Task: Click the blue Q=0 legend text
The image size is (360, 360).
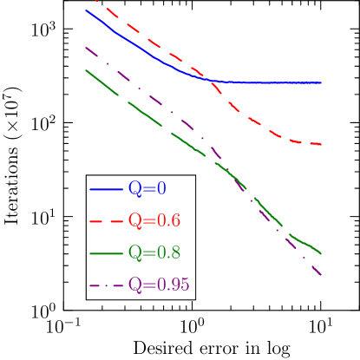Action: (147, 188)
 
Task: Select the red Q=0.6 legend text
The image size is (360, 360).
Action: (154, 220)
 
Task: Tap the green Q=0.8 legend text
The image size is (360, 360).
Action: (154, 252)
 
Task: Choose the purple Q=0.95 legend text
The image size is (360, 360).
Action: (159, 285)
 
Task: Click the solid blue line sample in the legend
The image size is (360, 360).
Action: (106, 189)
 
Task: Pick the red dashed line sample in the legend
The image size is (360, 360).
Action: (106, 221)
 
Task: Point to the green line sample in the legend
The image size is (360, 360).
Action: (106, 253)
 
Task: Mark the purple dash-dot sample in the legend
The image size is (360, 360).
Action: (106, 285)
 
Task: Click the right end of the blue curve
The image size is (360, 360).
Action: (322, 82)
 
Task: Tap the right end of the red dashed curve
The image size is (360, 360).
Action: (322, 144)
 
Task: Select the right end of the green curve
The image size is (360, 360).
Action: (322, 254)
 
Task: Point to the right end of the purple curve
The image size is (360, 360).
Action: (322, 275)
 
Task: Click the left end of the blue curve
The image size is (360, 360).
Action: (87, 10)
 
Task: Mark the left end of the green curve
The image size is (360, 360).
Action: (87, 71)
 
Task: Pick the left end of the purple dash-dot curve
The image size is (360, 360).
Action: (87, 48)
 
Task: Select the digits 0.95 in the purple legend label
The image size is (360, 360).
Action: (173, 285)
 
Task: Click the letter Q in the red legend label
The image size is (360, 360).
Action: (135, 220)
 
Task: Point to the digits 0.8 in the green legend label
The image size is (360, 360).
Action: (168, 252)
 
